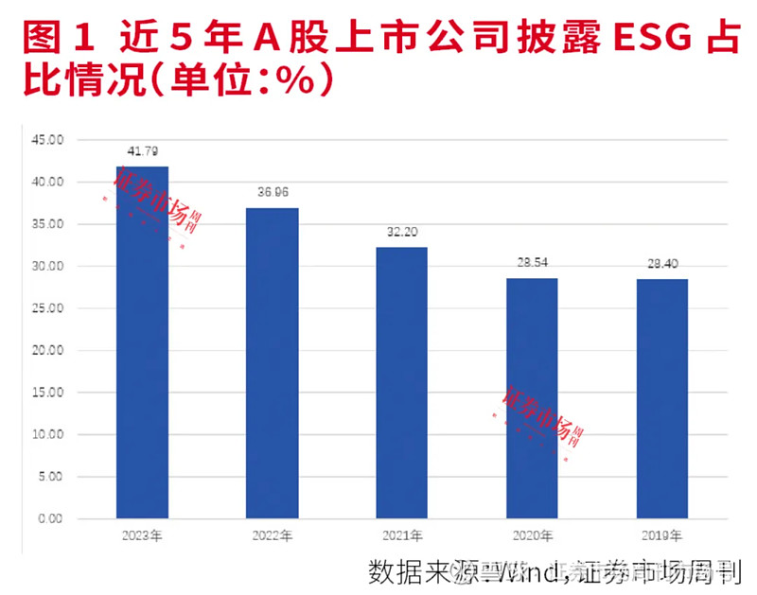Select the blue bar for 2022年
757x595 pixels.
coord(272,363)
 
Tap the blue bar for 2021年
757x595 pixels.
coord(401,383)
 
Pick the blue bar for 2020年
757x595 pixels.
coord(531,398)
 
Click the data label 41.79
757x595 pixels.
coord(142,151)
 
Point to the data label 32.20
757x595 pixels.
coord(401,233)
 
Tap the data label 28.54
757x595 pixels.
coord(531,264)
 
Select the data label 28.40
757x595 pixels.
coord(660,264)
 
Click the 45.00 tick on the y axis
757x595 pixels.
coord(47,140)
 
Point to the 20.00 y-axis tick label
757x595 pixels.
coord(47,350)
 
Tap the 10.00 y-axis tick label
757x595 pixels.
coord(47,434)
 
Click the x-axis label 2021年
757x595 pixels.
coord(401,536)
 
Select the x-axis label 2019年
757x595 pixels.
coord(660,536)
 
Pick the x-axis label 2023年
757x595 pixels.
coord(142,536)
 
